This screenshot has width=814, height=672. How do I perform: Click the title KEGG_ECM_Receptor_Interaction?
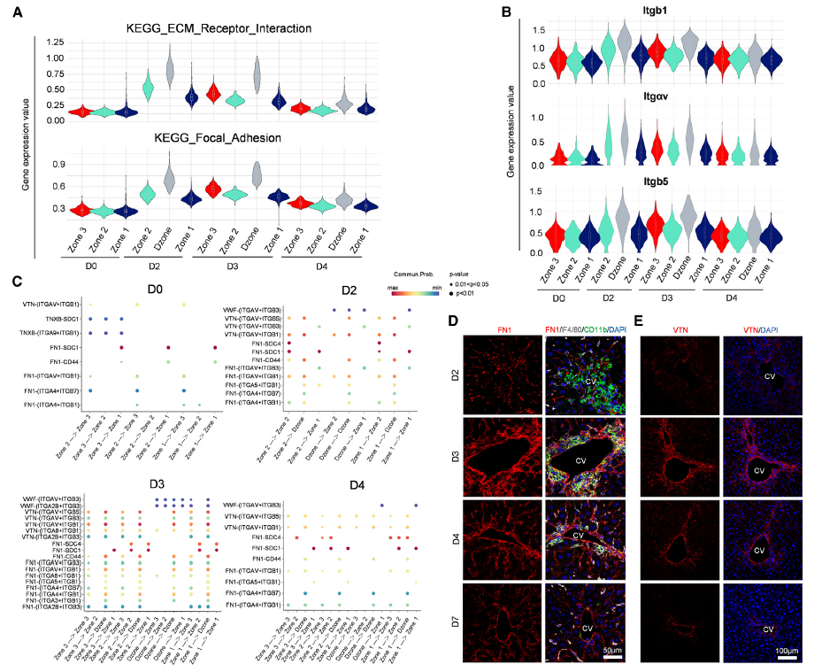[204, 29]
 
